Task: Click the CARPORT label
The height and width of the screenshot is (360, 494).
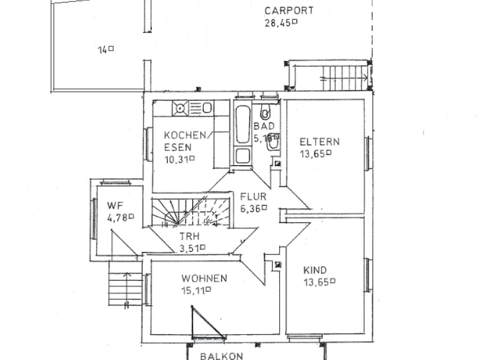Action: click(x=289, y=10)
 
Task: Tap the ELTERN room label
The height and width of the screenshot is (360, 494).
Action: click(x=320, y=142)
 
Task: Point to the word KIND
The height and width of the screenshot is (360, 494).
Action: click(x=315, y=270)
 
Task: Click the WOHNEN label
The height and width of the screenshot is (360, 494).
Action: click(x=204, y=278)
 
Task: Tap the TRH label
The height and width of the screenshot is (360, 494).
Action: click(x=189, y=236)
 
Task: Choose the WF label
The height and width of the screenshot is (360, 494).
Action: click(x=115, y=206)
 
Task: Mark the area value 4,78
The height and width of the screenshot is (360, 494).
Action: click(x=120, y=217)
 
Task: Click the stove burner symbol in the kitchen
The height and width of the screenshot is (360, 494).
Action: click(x=181, y=108)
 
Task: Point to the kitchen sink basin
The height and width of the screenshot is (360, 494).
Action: click(x=207, y=107)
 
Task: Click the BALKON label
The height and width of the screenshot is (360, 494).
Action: click(x=221, y=355)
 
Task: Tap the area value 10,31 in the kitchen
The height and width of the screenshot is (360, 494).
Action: click(x=179, y=159)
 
